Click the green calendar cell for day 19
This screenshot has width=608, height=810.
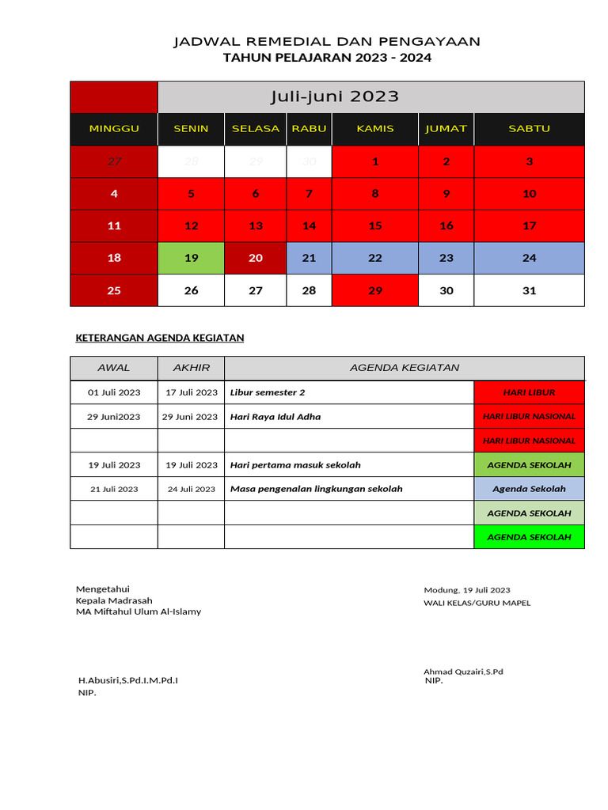(x=191, y=258)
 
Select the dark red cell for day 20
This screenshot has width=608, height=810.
(x=256, y=258)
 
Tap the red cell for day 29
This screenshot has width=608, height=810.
(x=375, y=290)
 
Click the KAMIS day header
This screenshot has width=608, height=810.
(x=375, y=128)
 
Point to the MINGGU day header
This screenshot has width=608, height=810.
(x=114, y=128)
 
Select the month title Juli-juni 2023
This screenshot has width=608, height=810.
(x=334, y=97)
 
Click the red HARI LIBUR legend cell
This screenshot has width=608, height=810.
(x=529, y=392)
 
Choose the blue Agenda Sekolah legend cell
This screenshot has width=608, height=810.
(x=529, y=489)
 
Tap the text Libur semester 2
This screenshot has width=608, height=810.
(x=268, y=392)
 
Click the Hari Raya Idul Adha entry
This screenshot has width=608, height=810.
(x=275, y=417)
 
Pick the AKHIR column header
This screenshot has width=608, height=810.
(x=191, y=368)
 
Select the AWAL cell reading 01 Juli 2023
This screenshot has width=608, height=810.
(x=114, y=392)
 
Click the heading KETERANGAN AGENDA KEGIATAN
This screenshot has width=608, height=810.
(x=159, y=338)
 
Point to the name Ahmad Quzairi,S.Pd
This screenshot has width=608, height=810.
(x=463, y=672)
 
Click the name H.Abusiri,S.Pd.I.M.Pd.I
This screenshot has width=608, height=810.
(x=127, y=680)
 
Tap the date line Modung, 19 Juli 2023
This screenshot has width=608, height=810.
(x=467, y=590)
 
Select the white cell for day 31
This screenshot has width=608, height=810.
(x=529, y=290)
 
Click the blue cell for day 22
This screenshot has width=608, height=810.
(x=375, y=258)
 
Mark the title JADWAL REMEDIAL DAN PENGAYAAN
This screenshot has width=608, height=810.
(x=327, y=41)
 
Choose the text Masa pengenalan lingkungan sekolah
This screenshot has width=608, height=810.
(x=316, y=489)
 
